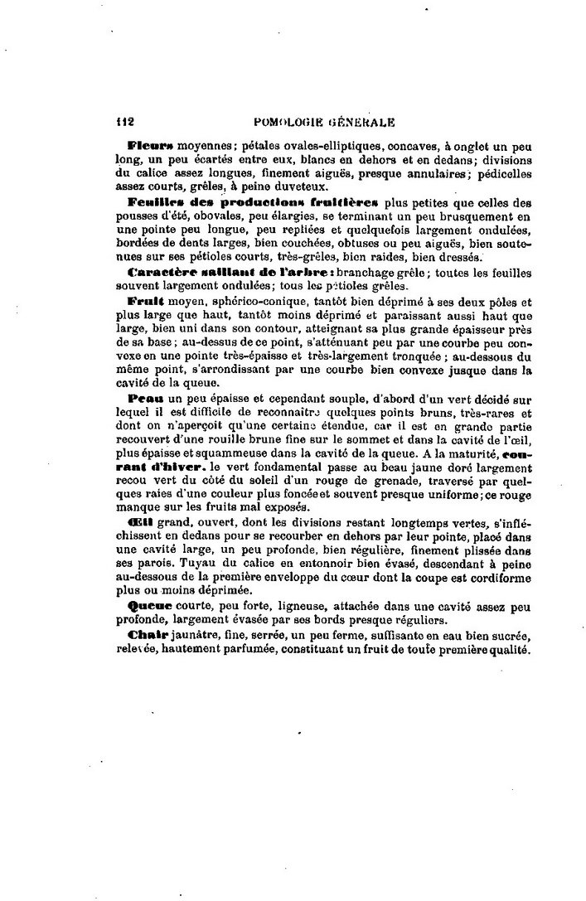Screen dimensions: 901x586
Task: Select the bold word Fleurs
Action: coord(148,144)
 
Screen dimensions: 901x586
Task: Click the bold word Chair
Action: coord(147,635)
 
